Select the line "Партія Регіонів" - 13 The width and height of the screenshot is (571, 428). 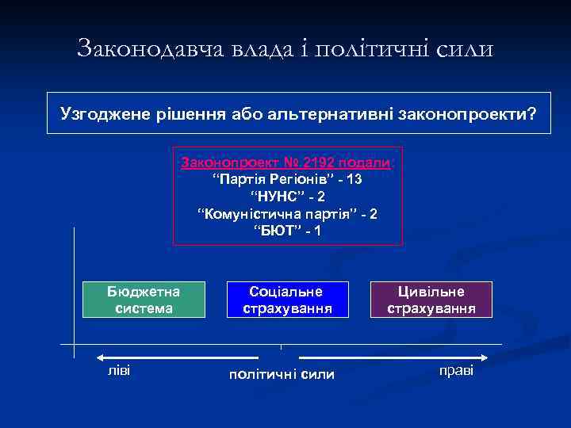tap(287, 180)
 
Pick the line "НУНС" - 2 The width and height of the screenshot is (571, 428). tap(287, 197)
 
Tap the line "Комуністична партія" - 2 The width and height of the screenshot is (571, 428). tap(287, 215)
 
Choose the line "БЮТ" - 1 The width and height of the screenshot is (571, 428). tap(287, 231)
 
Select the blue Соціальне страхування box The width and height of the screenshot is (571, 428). tap(286, 300)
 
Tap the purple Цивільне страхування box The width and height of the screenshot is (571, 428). tap(431, 300)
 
